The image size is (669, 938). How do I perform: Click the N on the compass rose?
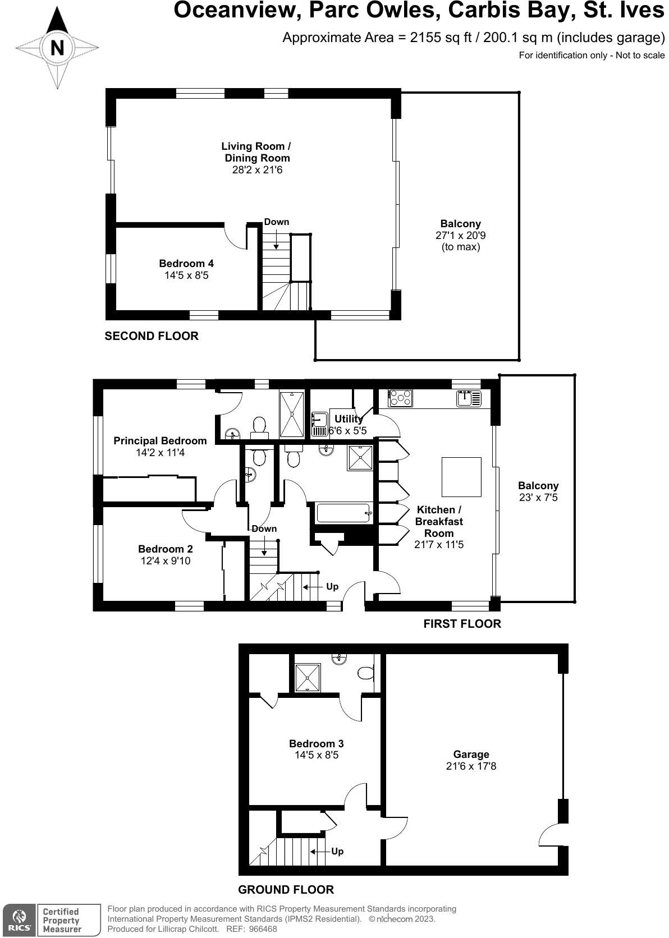pyautogui.click(x=57, y=48)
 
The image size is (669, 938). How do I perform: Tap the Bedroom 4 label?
pyautogui.click(x=186, y=264)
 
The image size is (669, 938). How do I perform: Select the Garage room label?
pyautogui.click(x=471, y=754)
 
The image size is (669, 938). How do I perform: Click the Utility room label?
pyautogui.click(x=348, y=419)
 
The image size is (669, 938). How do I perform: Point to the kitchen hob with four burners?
pyautogui.click(x=400, y=398)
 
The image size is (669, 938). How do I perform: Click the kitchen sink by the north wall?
pyautogui.click(x=469, y=398)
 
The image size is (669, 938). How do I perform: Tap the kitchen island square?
pyautogui.click(x=461, y=477)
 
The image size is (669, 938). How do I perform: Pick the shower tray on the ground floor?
pyautogui.click(x=308, y=677)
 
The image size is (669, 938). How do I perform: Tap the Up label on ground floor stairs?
pyautogui.click(x=337, y=851)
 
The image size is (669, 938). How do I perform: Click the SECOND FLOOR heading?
pyautogui.click(x=152, y=336)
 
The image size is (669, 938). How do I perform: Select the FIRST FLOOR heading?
pyautogui.click(x=462, y=623)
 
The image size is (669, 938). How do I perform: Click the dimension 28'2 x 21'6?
pyautogui.click(x=257, y=169)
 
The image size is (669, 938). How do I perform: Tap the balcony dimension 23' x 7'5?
pyautogui.click(x=538, y=498)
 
